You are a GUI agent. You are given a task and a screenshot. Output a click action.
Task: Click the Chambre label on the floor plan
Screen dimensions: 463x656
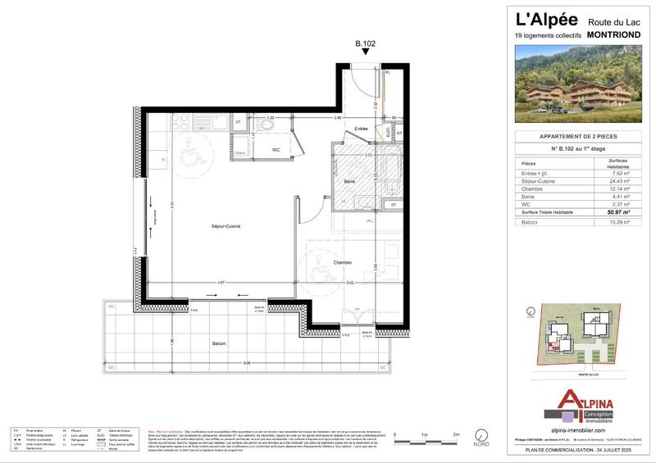click(342, 262)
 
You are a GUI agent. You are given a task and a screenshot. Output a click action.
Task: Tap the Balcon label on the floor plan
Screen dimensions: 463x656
click(218, 343)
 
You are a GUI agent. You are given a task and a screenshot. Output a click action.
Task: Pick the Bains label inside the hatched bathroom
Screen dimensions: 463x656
click(349, 181)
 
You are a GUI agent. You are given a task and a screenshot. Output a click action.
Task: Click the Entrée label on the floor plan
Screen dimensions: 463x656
click(361, 129)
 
